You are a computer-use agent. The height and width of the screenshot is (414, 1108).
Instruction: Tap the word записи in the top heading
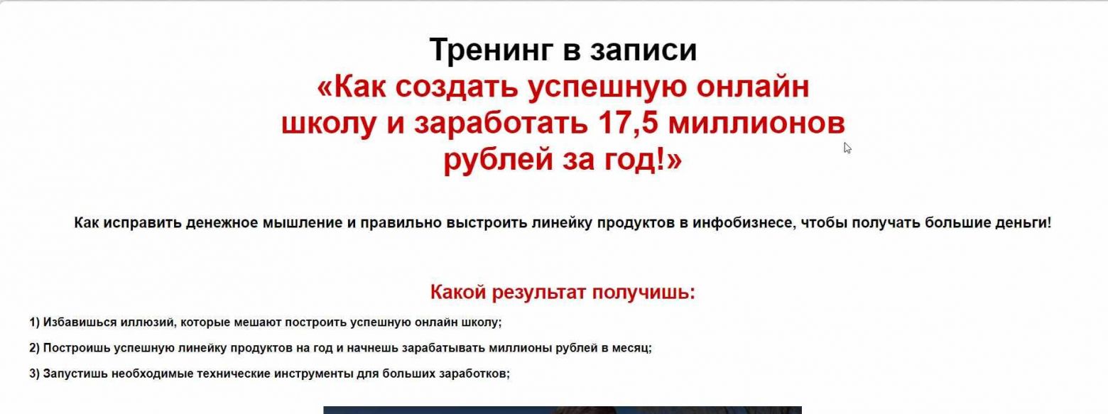coord(643,50)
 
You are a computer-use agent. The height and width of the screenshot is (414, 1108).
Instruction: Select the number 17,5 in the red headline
coord(628,123)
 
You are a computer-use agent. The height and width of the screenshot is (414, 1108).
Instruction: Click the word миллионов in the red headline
coord(756,123)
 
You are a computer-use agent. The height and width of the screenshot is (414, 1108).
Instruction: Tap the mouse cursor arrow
coord(847,148)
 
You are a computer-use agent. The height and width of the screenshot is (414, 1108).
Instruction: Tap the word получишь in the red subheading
coord(643,293)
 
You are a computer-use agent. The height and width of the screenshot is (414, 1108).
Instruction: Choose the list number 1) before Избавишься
coord(34,322)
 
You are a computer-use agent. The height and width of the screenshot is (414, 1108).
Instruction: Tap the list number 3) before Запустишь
coord(34,374)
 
